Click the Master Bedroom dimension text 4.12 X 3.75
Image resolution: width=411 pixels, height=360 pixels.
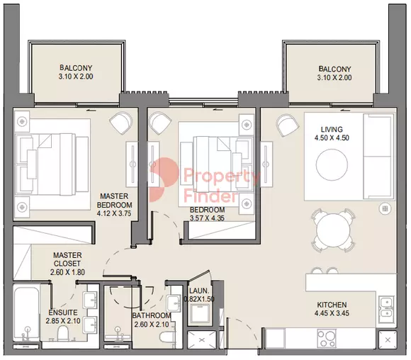[114, 213]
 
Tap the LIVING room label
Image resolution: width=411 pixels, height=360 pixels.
[332, 129]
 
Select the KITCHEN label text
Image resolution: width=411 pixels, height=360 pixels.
[332, 305]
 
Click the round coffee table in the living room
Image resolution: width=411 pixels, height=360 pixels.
[332, 164]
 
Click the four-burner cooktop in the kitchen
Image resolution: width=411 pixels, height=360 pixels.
[327, 338]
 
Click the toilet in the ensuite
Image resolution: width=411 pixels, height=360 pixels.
[62, 333]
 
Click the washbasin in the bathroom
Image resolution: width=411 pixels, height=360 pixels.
[174, 303]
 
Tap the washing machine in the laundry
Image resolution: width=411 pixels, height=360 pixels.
[200, 315]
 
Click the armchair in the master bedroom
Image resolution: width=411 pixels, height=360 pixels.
[120, 122]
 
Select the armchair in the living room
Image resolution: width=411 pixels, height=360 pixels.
[287, 125]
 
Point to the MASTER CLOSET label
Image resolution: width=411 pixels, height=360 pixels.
[67, 259]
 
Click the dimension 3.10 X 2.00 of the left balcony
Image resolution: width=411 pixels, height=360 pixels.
[76, 77]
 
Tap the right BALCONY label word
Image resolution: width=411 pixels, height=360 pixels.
[334, 69]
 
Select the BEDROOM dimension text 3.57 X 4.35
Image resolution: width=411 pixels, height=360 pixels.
[207, 218]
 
